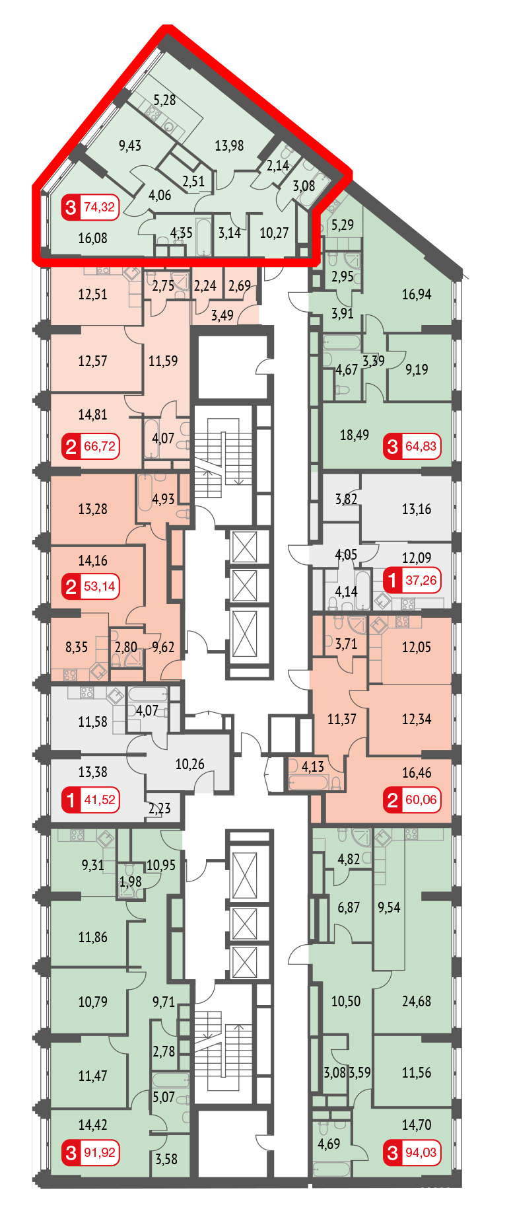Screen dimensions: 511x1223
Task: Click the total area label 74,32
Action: [100, 207]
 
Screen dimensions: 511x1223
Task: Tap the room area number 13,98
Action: [229, 145]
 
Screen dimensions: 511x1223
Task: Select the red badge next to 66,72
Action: [71, 447]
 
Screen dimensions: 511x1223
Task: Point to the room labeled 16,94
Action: [417, 294]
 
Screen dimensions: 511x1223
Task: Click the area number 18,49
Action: [355, 435]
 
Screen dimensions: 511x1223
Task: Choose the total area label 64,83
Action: [421, 447]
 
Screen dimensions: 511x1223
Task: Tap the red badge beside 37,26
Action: [393, 581]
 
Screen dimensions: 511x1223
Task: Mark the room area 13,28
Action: [92, 509]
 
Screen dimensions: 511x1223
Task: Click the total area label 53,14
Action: [100, 586]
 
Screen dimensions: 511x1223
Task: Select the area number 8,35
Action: [77, 647]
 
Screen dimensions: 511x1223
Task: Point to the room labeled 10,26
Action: [189, 764]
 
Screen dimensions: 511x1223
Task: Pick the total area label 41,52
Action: [100, 800]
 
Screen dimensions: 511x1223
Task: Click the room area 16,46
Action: [417, 772]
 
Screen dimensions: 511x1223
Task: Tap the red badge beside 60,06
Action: [393, 800]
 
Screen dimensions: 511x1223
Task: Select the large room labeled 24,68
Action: [417, 1001]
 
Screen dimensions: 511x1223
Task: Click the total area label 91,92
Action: [100, 1153]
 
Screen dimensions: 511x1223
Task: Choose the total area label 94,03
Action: [421, 1153]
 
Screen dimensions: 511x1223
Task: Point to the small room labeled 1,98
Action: [130, 881]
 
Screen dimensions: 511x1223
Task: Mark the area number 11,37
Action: [342, 719]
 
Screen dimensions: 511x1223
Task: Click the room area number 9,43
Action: [130, 145]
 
